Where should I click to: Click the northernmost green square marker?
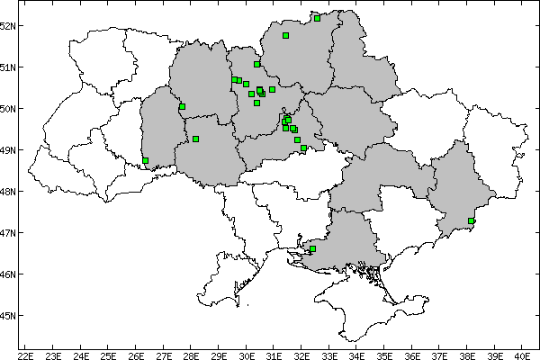pos(317,18)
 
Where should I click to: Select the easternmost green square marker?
pos(472,220)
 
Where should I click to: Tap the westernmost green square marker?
pos(145,161)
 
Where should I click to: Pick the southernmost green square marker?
pos(312,248)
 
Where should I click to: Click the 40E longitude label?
pos(522,354)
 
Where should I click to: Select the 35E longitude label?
pos(384,354)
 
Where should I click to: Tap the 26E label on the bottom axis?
pos(136,354)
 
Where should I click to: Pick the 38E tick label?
pos(467,354)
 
